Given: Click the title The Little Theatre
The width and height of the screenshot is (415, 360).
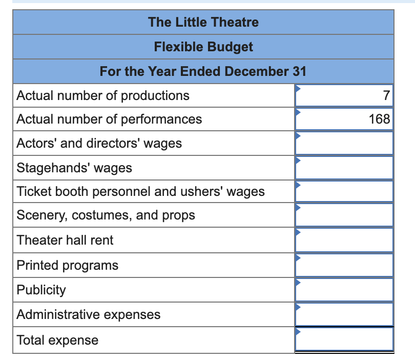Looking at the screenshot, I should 203,22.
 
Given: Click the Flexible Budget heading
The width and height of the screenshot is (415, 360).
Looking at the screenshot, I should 203,47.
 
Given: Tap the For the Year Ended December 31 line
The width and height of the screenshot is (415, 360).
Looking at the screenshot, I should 203,71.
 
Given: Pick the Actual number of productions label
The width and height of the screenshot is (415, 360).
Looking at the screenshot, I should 103,95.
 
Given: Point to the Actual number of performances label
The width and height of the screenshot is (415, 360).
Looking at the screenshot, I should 109,119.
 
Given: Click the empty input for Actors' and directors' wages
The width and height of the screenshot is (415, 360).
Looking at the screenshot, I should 344,143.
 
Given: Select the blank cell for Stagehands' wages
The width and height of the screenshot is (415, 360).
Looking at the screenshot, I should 344,168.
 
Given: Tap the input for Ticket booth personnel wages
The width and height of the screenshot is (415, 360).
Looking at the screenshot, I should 344,192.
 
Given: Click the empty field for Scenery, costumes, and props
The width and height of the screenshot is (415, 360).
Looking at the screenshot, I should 344,215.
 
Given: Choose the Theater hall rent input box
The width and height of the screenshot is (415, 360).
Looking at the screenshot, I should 344,240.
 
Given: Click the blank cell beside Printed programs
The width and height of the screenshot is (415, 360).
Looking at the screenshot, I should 344,265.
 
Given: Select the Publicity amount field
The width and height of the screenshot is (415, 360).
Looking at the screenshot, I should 344,290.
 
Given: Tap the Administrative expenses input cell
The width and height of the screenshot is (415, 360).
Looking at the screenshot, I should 344,314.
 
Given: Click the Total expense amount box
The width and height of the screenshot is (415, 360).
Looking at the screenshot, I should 344,339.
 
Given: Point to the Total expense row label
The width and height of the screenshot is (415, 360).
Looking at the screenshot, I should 57,340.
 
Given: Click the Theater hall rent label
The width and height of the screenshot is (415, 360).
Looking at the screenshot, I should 65,240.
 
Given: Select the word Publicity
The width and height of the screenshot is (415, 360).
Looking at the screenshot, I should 42,290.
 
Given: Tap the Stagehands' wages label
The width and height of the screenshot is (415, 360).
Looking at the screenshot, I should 74,168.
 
